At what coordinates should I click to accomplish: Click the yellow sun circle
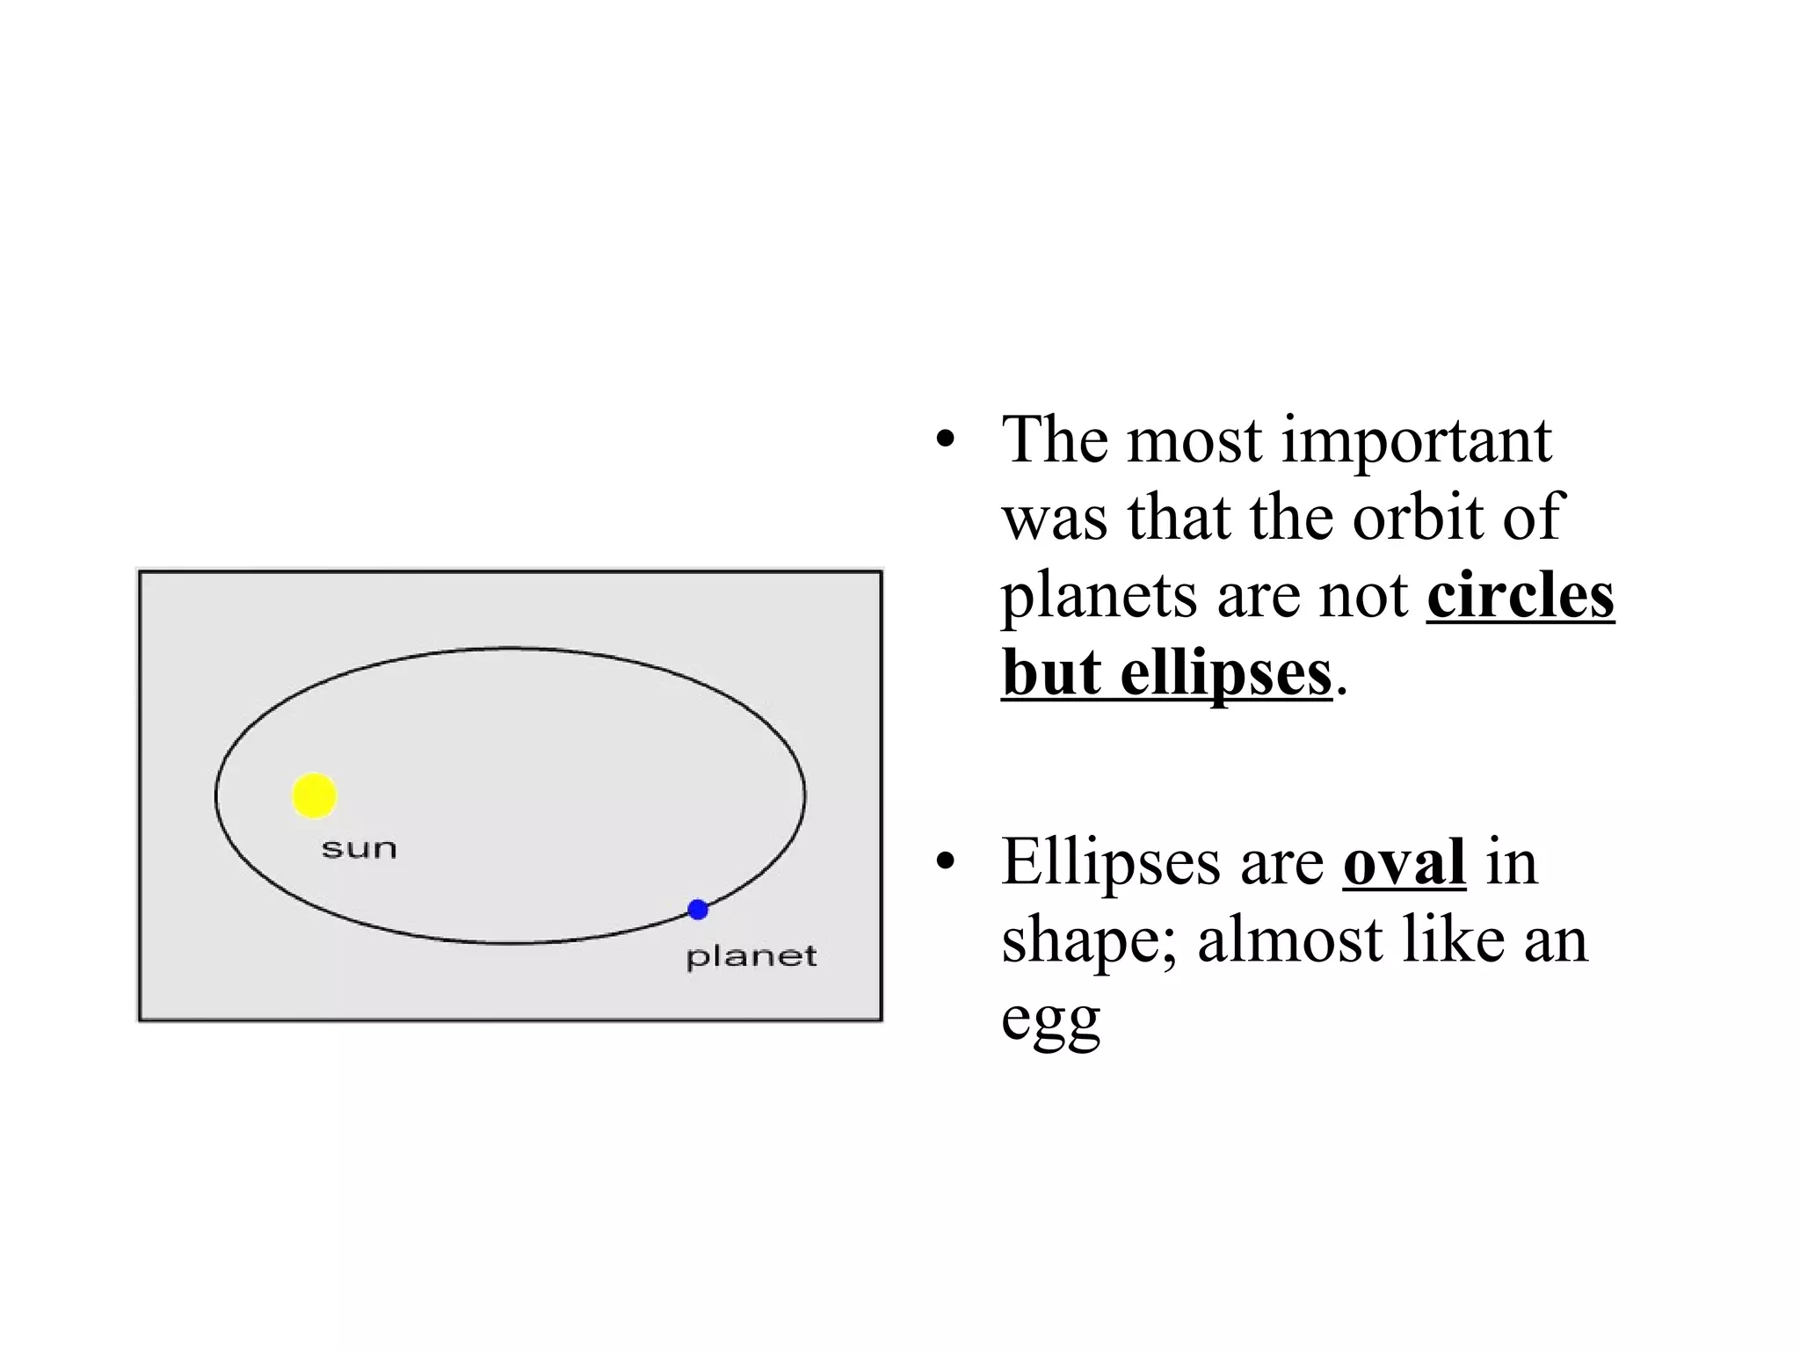(314, 795)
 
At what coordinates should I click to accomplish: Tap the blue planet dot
(698, 910)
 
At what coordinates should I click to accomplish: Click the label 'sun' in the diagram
(359, 850)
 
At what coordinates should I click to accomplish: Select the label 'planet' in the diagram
(751, 957)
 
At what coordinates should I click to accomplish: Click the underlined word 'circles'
(1520, 596)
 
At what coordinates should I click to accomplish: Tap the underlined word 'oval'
(1404, 862)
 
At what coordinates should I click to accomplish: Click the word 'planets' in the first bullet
(1100, 598)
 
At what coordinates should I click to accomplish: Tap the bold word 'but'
(1050, 673)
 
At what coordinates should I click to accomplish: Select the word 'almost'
(1290, 940)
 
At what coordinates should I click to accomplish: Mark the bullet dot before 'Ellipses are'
(945, 862)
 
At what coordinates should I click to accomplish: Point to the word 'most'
(1194, 441)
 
